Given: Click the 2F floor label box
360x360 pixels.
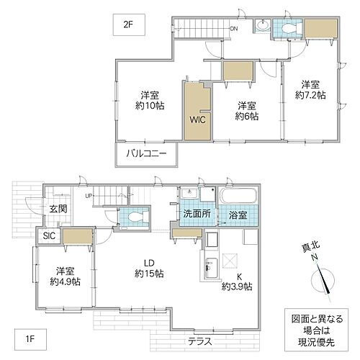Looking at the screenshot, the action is click(x=129, y=25).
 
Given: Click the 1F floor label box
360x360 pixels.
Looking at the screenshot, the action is click(x=30, y=339).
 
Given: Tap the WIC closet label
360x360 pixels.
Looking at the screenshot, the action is click(x=197, y=120).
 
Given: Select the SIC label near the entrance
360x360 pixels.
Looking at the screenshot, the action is click(x=49, y=235).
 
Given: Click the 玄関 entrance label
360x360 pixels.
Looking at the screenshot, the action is click(x=58, y=209).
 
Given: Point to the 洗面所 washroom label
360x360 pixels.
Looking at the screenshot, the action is click(x=197, y=214).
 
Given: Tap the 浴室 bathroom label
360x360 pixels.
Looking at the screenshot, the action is click(x=238, y=215).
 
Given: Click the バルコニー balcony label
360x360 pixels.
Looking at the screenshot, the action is click(x=146, y=153).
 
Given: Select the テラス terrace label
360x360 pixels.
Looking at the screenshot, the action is click(x=200, y=341).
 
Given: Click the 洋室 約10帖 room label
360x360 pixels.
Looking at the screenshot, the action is click(x=150, y=101).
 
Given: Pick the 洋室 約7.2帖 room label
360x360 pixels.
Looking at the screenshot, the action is click(x=310, y=90).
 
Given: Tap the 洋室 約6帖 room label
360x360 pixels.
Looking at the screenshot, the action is click(x=247, y=111).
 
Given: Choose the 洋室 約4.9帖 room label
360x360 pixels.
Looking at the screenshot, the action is click(x=66, y=276).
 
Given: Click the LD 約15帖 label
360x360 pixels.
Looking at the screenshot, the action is click(x=149, y=269).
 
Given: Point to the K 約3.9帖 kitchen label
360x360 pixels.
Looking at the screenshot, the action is click(x=237, y=282).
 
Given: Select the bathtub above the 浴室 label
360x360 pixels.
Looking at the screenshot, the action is click(x=238, y=196).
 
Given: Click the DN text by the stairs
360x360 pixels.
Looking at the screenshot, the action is click(x=234, y=29).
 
